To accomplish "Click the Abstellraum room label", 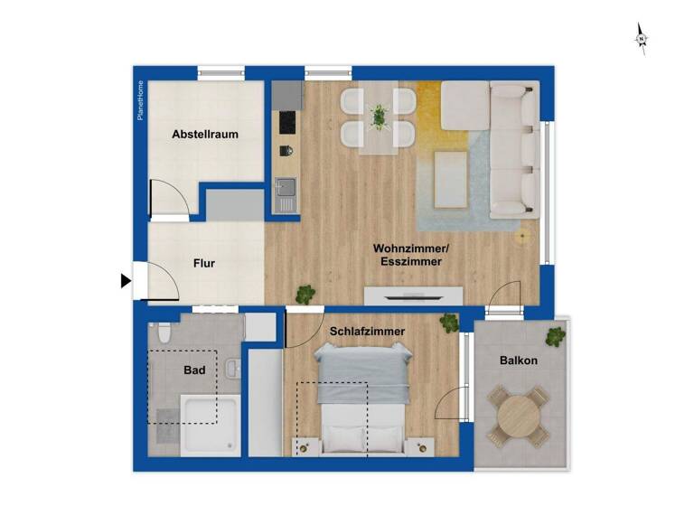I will tap(205, 135).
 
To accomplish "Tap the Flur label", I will tap(203, 264).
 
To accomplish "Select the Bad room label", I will tap(194, 370).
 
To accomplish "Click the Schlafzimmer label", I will tap(367, 332).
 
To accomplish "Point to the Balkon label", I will tap(519, 361).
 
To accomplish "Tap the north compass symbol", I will tap(641, 39).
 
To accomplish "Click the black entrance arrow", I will tap(126, 281).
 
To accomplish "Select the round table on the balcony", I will tap(519, 416).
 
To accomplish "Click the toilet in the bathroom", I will tap(162, 335).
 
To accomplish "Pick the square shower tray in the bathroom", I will tap(211, 423).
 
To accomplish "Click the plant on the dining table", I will tap(379, 115).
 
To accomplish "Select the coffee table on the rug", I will tap(451, 177).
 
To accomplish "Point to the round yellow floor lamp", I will tap(521, 239).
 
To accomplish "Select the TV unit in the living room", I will tap(413, 295).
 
